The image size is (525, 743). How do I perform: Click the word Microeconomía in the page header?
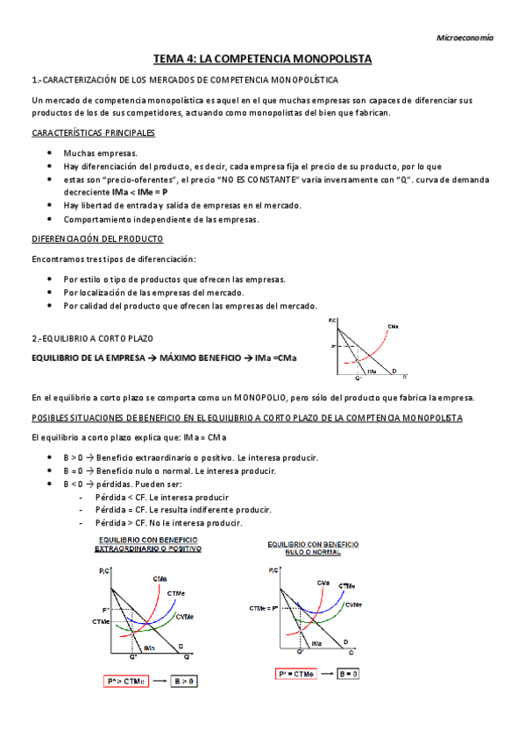465,38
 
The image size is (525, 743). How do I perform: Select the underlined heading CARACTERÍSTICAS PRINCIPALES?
93,132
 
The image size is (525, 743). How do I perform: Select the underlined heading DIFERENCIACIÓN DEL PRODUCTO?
96,239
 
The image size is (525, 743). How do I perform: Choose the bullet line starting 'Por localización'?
154,292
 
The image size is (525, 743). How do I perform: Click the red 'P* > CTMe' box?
124,680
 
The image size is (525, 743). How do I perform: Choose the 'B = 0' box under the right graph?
350,674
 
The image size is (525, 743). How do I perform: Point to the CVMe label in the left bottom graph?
184,616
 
